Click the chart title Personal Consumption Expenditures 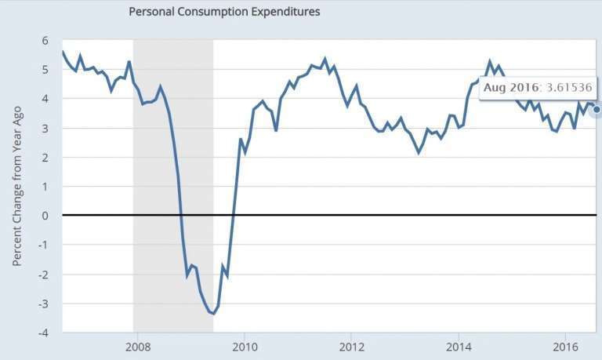223,12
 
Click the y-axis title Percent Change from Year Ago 18,186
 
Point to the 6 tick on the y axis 45,41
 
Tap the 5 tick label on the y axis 45,70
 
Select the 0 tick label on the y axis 45,216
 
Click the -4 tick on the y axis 43,333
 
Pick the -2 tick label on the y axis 43,275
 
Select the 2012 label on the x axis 351,347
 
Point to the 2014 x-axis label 459,347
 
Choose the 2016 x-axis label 565,347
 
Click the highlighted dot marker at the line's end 597,110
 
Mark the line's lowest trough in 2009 212,313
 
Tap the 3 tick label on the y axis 45,128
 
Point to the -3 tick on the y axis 43,304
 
